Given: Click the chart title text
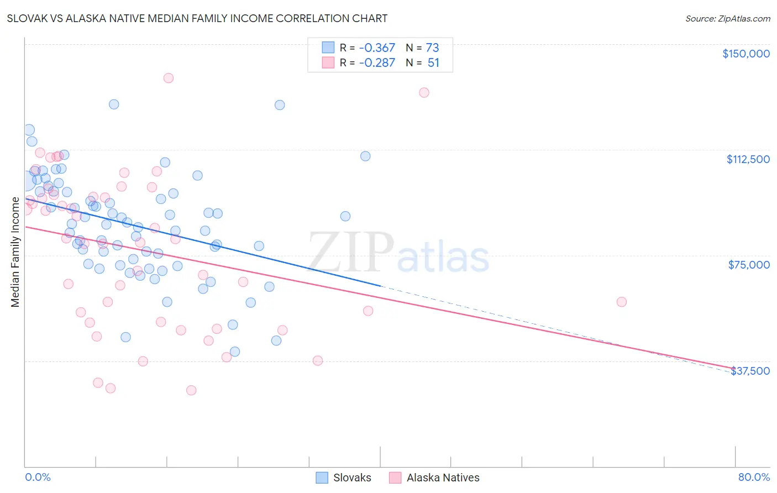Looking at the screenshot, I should point(197,18).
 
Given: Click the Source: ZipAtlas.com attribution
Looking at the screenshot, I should point(727,18).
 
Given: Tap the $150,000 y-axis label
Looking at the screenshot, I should point(746,54).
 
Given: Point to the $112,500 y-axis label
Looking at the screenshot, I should point(748,159).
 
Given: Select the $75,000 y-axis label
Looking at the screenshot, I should point(748,265).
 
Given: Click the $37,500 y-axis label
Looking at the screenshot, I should point(750,371).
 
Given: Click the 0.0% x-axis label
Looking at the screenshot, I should point(38,477).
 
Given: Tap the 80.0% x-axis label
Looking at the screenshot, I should point(754,477).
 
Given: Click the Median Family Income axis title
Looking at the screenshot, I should point(15,252).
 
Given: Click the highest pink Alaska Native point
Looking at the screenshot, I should point(169,78).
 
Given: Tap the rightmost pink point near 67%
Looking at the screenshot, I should point(622,302).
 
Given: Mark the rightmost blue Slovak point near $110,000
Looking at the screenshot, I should point(365,156).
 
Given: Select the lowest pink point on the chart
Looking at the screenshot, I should point(191,390).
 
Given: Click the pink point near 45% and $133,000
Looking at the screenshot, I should point(424,92).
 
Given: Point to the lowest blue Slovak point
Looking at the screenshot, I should point(235,352).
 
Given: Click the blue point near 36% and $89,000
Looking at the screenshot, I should point(345,216).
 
